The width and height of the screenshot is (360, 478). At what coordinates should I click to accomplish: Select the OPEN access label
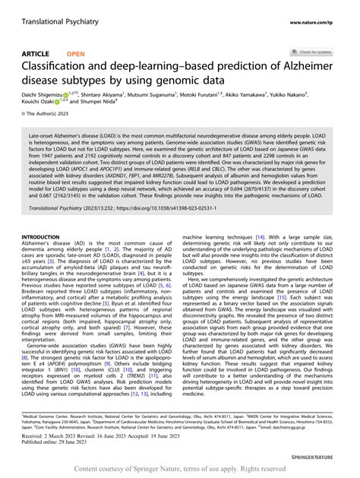tap(76, 54)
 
